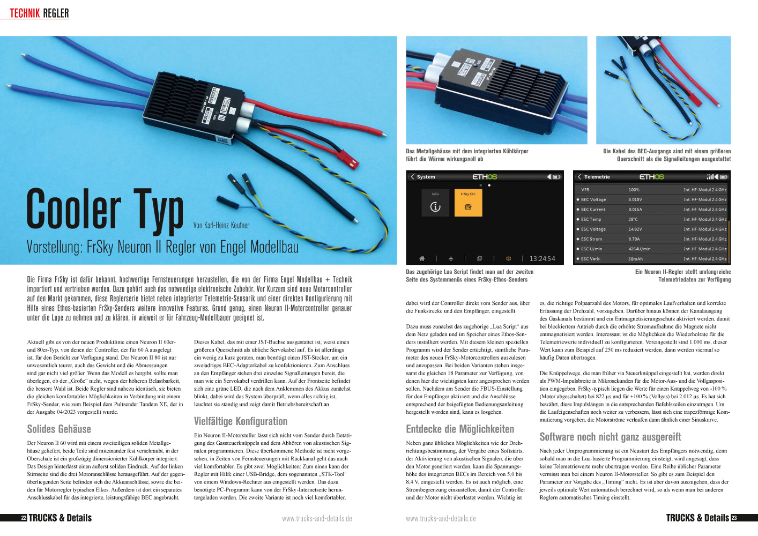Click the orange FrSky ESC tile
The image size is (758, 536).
pyautogui.click(x=468, y=203)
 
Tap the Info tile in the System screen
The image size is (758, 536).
pyautogui.click(x=435, y=203)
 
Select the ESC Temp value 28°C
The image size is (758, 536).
pyautogui.click(x=633, y=219)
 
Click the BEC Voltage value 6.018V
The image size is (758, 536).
pyautogui.click(x=635, y=199)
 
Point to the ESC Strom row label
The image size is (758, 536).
pyautogui.click(x=591, y=239)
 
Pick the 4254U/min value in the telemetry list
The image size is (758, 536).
pyautogui.click(x=639, y=249)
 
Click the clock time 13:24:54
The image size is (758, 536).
pyautogui.click(x=542, y=259)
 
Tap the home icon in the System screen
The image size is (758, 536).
pyautogui.click(x=422, y=259)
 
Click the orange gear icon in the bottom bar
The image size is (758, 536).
pyautogui.click(x=508, y=259)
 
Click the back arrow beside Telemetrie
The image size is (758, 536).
pyautogui.click(x=579, y=177)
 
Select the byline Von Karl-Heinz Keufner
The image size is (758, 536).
pyautogui.click(x=221, y=225)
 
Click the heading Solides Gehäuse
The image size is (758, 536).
pyautogui.click(x=59, y=429)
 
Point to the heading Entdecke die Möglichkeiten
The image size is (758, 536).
pyautogui.click(x=460, y=429)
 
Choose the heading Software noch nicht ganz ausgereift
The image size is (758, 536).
pyautogui.click(x=610, y=437)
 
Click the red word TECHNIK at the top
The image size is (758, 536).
pyautogui.click(x=25, y=13)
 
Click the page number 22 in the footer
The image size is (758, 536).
pyautogui.click(x=24, y=518)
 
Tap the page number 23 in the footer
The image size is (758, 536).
pyautogui.click(x=734, y=518)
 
